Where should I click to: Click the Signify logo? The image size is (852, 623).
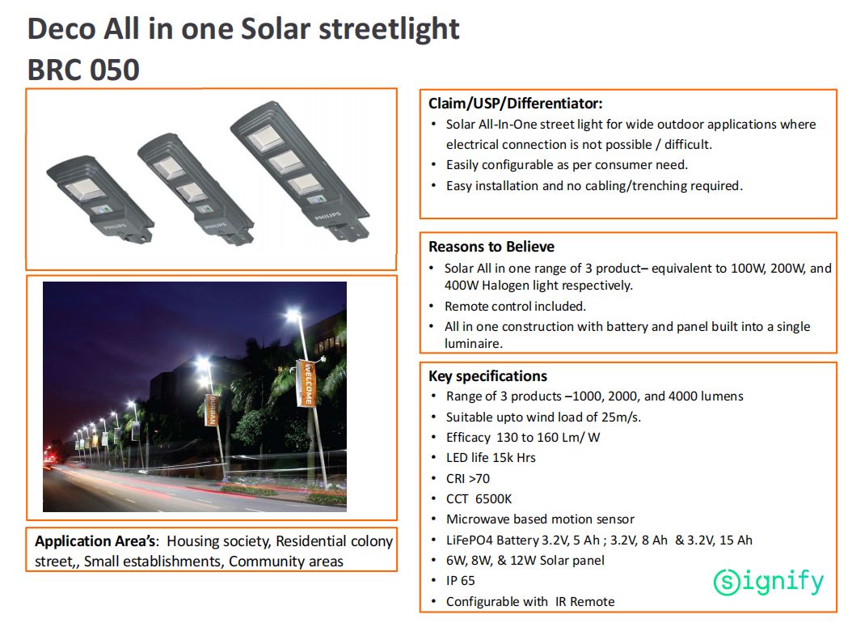(x=768, y=582)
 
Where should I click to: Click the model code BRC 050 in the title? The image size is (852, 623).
(x=83, y=70)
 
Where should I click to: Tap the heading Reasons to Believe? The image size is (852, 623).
(x=491, y=247)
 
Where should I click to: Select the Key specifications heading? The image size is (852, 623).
(x=487, y=376)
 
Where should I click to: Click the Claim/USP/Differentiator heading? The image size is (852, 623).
(x=515, y=104)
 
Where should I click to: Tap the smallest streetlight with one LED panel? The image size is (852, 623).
(x=100, y=198)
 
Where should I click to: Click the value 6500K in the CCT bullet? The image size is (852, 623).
(x=493, y=499)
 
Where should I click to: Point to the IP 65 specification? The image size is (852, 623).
(x=460, y=581)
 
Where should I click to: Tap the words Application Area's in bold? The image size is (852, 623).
(x=95, y=541)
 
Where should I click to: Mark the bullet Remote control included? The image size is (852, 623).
(x=515, y=307)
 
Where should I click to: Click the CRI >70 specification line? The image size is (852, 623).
(x=468, y=478)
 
